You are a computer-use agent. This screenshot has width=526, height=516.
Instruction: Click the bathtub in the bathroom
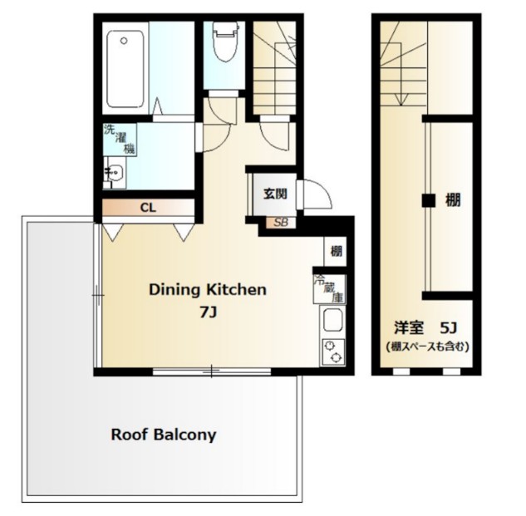[128, 66]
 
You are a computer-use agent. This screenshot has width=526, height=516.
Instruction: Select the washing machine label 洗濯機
[117, 139]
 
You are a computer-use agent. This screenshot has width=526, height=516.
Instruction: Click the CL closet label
[147, 206]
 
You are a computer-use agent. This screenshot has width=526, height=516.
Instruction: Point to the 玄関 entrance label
[275, 194]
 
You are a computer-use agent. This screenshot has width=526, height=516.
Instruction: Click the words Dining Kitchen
[207, 290]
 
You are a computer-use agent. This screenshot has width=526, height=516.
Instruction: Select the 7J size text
[207, 312]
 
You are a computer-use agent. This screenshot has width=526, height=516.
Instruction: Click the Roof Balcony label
[164, 434]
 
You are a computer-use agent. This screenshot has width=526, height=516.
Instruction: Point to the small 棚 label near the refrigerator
[335, 251]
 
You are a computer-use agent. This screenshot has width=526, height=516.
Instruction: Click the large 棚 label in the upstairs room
[453, 199]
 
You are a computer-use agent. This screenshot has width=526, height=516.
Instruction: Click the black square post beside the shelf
[427, 200]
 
